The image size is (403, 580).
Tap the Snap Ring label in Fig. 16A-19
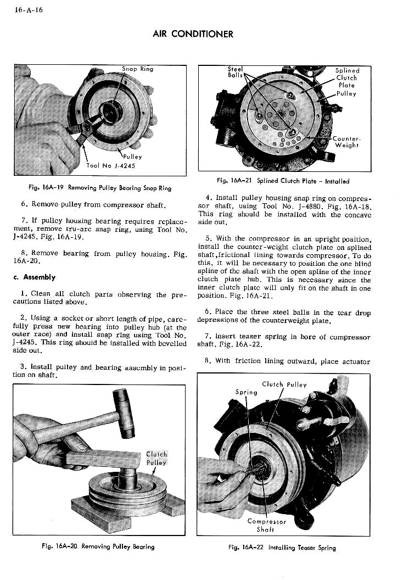[x=138, y=69]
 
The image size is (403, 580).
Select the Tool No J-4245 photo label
[x=110, y=165]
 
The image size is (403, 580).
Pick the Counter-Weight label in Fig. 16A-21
[x=346, y=142]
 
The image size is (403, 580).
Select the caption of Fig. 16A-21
[x=283, y=181]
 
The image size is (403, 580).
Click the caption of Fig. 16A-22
[x=282, y=548]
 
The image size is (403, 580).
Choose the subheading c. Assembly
[x=35, y=277]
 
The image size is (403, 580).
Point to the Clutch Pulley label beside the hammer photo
[x=156, y=458]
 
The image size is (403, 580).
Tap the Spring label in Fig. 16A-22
[x=246, y=393]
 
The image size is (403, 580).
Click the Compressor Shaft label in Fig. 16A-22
[x=267, y=526]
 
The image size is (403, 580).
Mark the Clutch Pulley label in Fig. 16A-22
[x=284, y=384]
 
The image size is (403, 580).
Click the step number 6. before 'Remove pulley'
[x=24, y=204]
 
